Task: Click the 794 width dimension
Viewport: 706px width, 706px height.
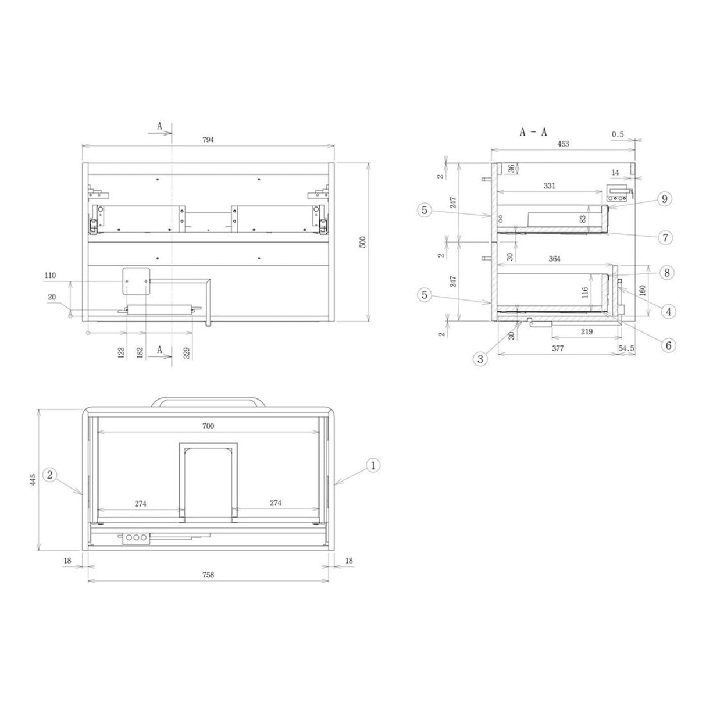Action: (x=208, y=140)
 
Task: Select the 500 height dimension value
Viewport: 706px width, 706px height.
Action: (x=362, y=242)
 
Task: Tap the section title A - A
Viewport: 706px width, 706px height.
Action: (x=533, y=132)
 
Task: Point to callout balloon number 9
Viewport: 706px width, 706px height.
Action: (x=664, y=199)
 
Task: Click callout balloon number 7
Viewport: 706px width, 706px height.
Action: (x=665, y=237)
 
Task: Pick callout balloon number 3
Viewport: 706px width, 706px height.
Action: (x=480, y=359)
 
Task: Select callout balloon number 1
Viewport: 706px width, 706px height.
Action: (x=373, y=465)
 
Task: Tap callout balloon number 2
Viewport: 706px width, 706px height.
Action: (x=50, y=475)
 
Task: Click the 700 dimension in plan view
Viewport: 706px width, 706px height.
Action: (x=208, y=426)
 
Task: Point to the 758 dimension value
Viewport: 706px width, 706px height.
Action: (x=208, y=575)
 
